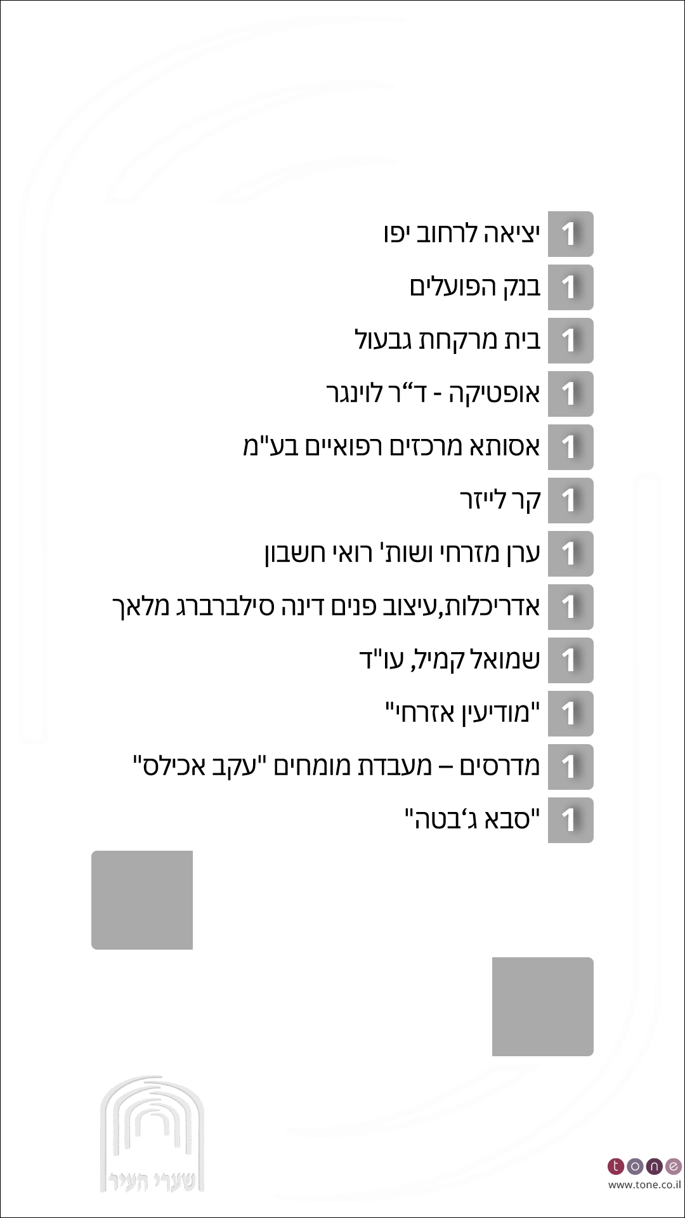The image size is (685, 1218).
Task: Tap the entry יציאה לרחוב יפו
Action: [x=462, y=234]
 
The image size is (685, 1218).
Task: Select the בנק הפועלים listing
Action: [x=475, y=287]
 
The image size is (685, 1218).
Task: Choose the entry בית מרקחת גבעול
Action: [x=447, y=341]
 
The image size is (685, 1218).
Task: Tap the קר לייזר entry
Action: [x=500, y=501]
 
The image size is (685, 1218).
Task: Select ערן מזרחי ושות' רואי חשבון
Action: [x=402, y=554]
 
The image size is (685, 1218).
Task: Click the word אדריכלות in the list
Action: [x=502, y=607]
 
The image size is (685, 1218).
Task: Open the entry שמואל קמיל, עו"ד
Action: [x=450, y=660]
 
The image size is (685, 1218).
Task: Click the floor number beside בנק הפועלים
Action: [x=570, y=287]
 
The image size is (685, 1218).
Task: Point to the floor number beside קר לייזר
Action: [x=570, y=501]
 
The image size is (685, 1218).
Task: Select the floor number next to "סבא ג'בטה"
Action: [x=570, y=820]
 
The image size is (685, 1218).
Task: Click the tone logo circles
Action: [x=644, y=1166]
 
